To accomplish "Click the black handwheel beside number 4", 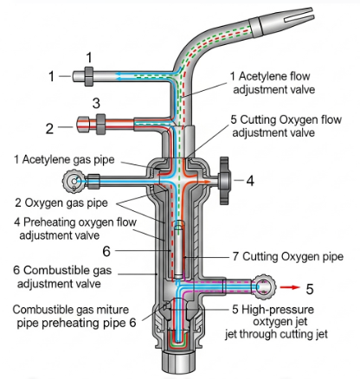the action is click(x=225, y=181).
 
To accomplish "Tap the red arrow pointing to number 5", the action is click(x=290, y=287).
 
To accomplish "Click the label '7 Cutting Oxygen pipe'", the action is click(x=288, y=256).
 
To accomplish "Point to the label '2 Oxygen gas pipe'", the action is click(x=61, y=202).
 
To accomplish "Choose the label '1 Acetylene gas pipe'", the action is click(x=64, y=159).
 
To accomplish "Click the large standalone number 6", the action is click(x=106, y=251).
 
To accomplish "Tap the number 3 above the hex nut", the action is click(x=96, y=103).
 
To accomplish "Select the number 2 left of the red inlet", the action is click(x=49, y=128).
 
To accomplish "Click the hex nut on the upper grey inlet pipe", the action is click(x=89, y=76).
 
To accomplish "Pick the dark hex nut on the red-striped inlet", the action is click(x=100, y=125).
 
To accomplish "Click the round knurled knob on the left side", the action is click(x=74, y=181).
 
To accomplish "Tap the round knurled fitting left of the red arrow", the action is click(x=264, y=286).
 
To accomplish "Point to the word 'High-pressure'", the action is click(x=278, y=310).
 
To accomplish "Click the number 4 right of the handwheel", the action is click(x=250, y=181).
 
